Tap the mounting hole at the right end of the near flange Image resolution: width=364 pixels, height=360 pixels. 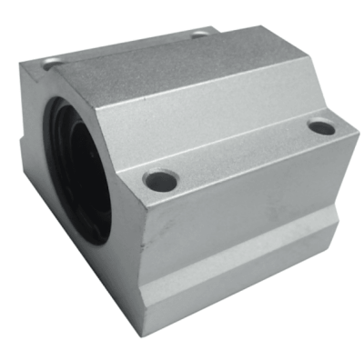(x=322, y=127)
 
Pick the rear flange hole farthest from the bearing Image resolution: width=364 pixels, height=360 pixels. (x=199, y=36)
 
